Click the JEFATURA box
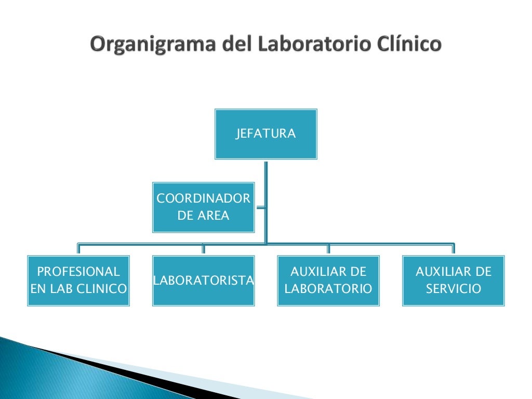pyautogui.click(x=265, y=134)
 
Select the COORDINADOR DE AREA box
pyautogui.click(x=203, y=207)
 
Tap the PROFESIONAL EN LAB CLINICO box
pyautogui.click(x=78, y=281)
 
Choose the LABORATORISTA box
pyautogui.click(x=203, y=281)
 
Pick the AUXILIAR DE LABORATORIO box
pyautogui.click(x=328, y=281)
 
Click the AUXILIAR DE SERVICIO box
pyautogui.click(x=453, y=281)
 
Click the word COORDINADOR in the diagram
pyautogui.click(x=203, y=198)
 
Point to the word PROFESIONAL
pyautogui.click(x=78, y=272)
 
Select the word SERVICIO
pyautogui.click(x=453, y=289)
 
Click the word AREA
pyautogui.click(x=214, y=216)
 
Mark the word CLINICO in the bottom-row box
pyautogui.click(x=101, y=289)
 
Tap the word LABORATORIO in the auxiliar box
pyautogui.click(x=328, y=289)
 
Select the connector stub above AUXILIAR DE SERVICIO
pyautogui.click(x=453, y=249)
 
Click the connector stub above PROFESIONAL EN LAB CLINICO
pyautogui.click(x=78, y=249)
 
